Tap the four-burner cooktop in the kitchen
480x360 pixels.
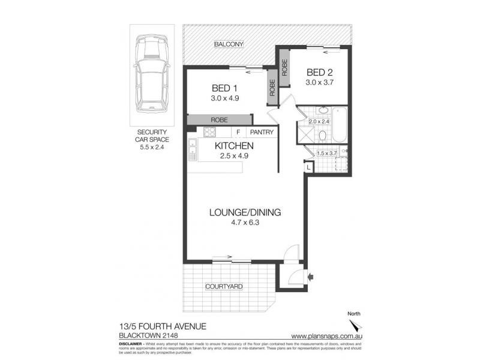210,133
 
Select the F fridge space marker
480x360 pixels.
238,133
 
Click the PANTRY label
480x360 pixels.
262,133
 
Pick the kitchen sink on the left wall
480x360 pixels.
193,150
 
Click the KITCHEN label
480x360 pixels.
235,146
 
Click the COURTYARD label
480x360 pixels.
224,287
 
